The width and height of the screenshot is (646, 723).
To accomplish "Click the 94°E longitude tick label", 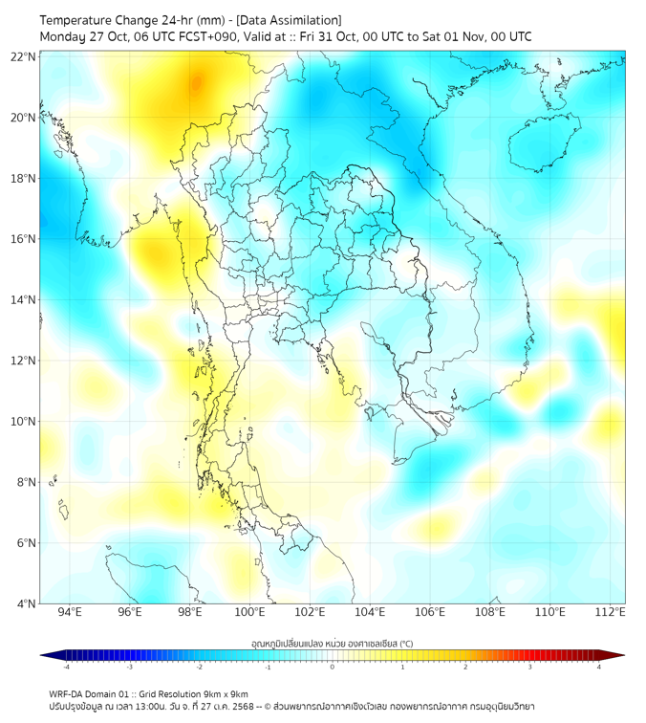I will [x=70, y=612].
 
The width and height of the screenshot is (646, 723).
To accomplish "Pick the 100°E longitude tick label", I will [x=250, y=612].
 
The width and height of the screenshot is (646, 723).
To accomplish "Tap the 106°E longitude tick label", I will [x=430, y=612].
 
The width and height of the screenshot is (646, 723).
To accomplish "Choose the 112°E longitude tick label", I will [x=611, y=612].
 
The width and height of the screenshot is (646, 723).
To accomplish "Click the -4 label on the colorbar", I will [x=66, y=667].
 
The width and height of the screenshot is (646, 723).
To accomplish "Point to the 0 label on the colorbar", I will [x=333, y=667].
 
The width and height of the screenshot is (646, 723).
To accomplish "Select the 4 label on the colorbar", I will [x=599, y=667].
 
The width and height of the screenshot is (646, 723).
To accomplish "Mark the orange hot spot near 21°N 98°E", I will [x=197, y=84].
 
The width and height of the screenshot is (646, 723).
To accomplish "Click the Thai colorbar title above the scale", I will [x=332, y=643].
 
